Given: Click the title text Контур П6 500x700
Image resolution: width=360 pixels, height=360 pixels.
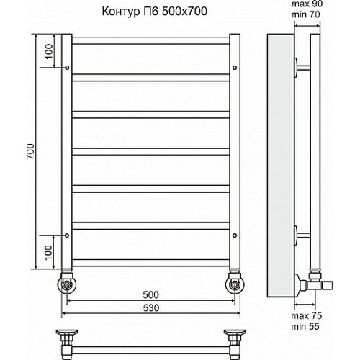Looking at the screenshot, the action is [x=155, y=12].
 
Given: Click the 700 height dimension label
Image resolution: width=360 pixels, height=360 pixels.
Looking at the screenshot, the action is [x=31, y=151].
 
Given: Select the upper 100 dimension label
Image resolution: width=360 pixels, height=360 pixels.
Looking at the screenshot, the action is [x=49, y=51].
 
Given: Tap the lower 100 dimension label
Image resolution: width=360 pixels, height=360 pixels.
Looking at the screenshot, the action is [x=48, y=252].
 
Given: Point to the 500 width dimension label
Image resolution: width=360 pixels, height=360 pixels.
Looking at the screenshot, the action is [x=150, y=294].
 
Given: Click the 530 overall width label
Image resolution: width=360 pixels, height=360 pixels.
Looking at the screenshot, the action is [x=151, y=307].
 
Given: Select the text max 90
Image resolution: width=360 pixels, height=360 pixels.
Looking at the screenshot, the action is [x=307, y=4].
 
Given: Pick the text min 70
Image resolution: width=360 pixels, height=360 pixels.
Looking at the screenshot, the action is [x=305, y=14].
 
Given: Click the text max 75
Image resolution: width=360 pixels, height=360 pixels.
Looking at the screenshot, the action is [x=306, y=316].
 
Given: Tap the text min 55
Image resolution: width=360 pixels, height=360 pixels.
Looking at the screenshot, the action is [x=305, y=326].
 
